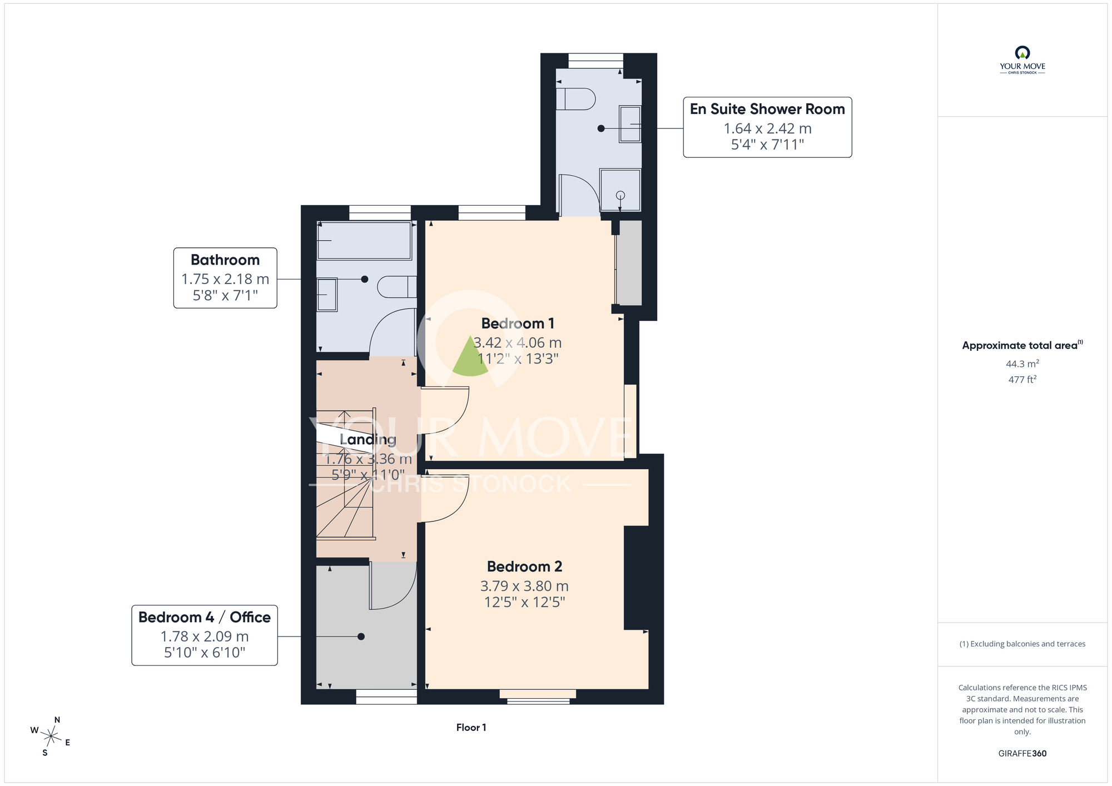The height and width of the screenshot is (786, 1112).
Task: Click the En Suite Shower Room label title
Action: click(x=767, y=109)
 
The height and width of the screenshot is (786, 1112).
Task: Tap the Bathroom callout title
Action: click(x=225, y=260)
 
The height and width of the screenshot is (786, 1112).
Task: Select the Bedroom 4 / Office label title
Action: click(x=205, y=617)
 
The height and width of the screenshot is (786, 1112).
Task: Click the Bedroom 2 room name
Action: click(x=524, y=566)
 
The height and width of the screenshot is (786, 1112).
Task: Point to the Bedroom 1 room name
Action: click(x=518, y=324)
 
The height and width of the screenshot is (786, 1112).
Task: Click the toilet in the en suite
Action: click(x=575, y=99)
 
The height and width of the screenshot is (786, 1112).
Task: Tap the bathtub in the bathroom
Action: click(x=364, y=241)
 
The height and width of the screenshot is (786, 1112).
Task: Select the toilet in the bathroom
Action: click(x=397, y=287)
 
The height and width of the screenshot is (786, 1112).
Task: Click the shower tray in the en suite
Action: click(x=620, y=190)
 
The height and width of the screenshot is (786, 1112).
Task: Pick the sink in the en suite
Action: click(x=630, y=124)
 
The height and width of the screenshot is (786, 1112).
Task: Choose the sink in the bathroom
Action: click(x=327, y=295)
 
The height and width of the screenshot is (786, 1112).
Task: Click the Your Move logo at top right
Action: click(x=1022, y=60)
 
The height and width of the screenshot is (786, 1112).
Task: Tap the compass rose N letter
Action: click(x=57, y=720)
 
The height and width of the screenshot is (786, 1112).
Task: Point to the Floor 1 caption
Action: click(x=471, y=728)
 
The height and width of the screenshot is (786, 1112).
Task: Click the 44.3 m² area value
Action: click(x=1022, y=364)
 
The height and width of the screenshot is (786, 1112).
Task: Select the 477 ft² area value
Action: click(x=1022, y=379)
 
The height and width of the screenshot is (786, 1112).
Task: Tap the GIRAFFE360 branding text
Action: click(x=1022, y=754)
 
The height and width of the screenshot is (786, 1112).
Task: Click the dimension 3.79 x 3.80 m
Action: click(x=524, y=586)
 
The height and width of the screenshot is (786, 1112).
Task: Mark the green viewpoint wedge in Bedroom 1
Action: click(x=470, y=357)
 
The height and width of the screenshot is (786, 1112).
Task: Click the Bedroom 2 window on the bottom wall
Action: click(x=538, y=697)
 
